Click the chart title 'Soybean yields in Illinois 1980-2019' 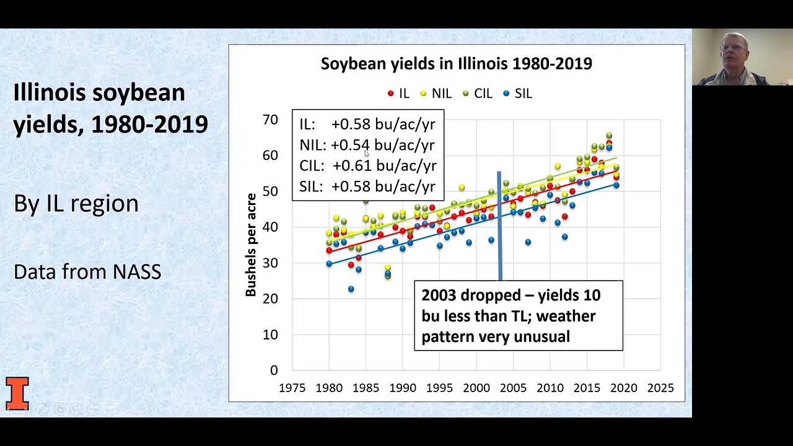pyautogui.click(x=456, y=64)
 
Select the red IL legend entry pyautogui.click(x=398, y=94)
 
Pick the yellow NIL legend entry pyautogui.click(x=436, y=94)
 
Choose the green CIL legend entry pyautogui.click(x=478, y=94)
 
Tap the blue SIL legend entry pyautogui.click(x=518, y=94)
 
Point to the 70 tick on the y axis pyautogui.click(x=270, y=120)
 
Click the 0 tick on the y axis pyautogui.click(x=274, y=370)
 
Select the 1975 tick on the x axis pyautogui.click(x=292, y=388)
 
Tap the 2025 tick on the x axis pyautogui.click(x=660, y=388)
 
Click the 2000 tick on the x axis pyautogui.click(x=476, y=388)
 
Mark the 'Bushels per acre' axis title pyautogui.click(x=251, y=245)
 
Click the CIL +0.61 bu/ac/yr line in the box pyautogui.click(x=368, y=166)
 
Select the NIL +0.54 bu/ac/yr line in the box pyautogui.click(x=368, y=145)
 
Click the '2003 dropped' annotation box pyautogui.click(x=518, y=316)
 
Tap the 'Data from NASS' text pyautogui.click(x=87, y=272)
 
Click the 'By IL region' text pyautogui.click(x=76, y=204)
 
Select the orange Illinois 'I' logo pyautogui.click(x=17, y=393)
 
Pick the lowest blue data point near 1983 pyautogui.click(x=351, y=289)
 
